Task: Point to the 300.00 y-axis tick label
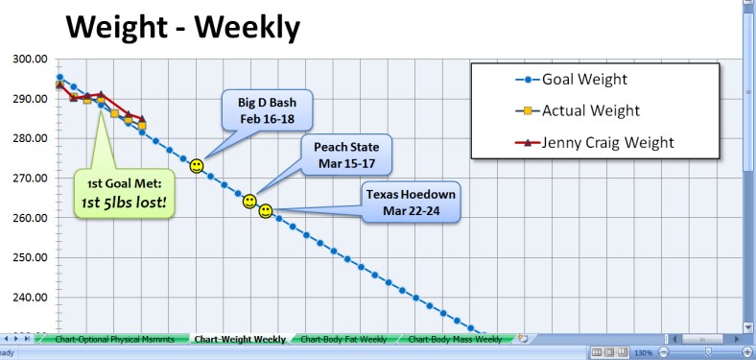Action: point(30,59)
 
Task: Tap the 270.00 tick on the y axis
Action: point(30,179)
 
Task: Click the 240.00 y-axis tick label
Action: point(30,298)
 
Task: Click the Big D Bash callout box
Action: point(254,109)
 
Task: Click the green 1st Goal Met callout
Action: point(123,194)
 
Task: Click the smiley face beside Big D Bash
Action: point(197,166)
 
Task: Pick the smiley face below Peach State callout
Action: point(249,202)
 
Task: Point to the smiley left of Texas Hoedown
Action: point(266,210)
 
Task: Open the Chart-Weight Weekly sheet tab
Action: point(239,339)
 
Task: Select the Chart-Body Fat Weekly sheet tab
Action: point(343,339)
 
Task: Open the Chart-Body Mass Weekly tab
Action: point(455,339)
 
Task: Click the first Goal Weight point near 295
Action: point(59,78)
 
